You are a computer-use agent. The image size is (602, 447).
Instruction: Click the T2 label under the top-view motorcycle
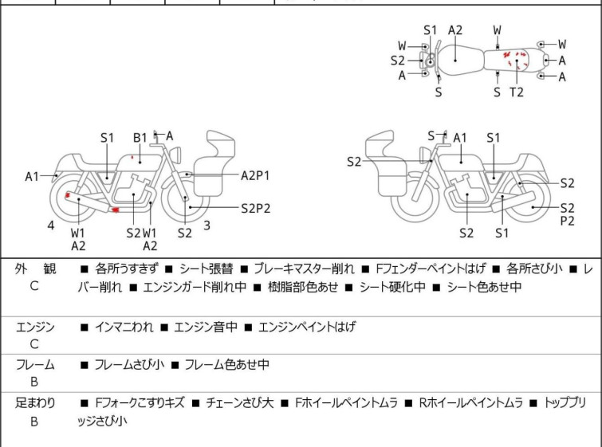tap(517, 92)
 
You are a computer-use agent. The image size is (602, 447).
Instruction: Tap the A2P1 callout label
tap(256, 174)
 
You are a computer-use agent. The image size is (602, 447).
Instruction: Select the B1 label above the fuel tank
tap(140, 138)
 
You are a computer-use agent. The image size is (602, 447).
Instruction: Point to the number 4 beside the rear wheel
tap(51, 225)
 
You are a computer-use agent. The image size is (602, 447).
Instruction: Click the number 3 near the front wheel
tap(207, 225)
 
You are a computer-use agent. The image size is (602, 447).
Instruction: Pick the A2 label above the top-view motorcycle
tap(455, 30)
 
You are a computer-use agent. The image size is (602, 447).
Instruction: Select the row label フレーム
tap(35, 365)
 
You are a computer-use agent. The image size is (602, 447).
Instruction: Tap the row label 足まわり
tap(35, 403)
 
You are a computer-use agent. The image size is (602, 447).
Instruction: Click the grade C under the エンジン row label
tap(34, 344)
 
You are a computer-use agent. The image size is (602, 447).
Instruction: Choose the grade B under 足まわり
tap(34, 422)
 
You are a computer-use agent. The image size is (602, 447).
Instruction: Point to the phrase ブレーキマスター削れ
tap(307, 269)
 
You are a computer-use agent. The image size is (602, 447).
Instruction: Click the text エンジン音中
tap(203, 327)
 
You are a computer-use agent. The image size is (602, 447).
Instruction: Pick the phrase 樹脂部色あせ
tap(301, 287)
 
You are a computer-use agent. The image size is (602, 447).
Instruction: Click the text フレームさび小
tap(129, 365)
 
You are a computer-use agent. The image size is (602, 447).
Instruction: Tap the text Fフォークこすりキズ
tap(140, 403)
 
